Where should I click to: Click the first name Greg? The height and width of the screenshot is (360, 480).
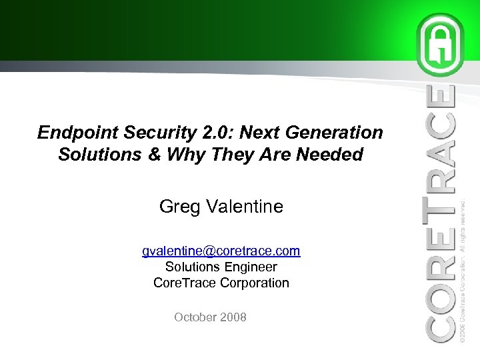[177, 207]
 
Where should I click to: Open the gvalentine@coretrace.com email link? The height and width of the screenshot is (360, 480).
[221, 251]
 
